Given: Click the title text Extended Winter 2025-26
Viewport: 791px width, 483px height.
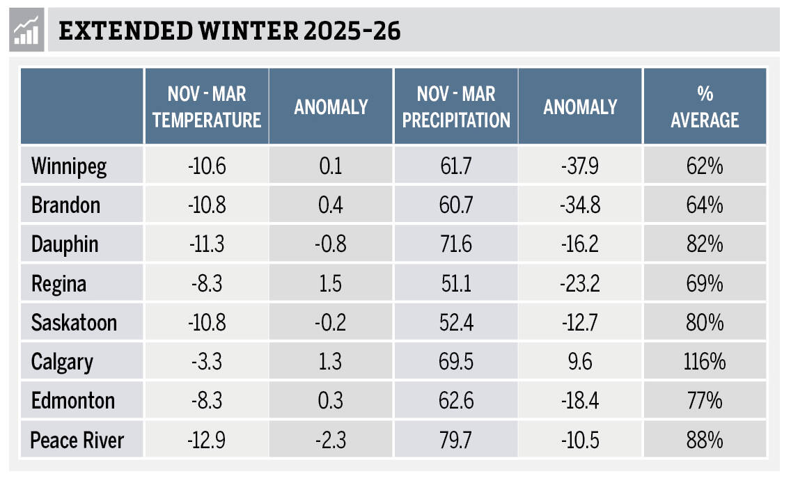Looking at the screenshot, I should (x=230, y=32).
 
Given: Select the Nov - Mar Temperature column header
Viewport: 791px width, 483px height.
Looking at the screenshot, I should (x=207, y=106).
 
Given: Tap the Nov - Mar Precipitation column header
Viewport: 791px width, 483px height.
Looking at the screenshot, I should (x=456, y=106).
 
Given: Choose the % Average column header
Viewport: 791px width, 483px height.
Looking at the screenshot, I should (x=705, y=106).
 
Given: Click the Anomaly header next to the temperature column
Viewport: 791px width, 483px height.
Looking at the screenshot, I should (x=331, y=106).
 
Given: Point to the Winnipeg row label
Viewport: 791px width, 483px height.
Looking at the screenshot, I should (x=69, y=166).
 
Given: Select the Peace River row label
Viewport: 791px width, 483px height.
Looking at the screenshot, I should (x=77, y=441).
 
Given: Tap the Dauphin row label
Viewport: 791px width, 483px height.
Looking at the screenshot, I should (x=65, y=244).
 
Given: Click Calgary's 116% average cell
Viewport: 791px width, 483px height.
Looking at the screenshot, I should (x=705, y=362).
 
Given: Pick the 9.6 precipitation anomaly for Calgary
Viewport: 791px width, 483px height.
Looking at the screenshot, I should (x=580, y=362).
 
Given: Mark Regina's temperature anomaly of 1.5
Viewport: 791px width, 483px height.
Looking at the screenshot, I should (x=331, y=284).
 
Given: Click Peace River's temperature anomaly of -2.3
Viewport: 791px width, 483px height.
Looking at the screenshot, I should (x=331, y=441).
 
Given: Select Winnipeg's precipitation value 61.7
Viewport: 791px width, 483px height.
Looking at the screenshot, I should (x=456, y=166).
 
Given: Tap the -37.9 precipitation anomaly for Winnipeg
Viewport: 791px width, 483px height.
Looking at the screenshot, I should (x=580, y=166).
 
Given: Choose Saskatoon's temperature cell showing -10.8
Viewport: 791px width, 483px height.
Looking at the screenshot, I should (x=207, y=323).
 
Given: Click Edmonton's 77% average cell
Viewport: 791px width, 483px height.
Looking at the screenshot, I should (x=705, y=401).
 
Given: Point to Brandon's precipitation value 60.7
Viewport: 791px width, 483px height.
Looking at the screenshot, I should (x=456, y=205).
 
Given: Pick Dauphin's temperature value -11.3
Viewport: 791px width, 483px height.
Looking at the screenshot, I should (x=207, y=244).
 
